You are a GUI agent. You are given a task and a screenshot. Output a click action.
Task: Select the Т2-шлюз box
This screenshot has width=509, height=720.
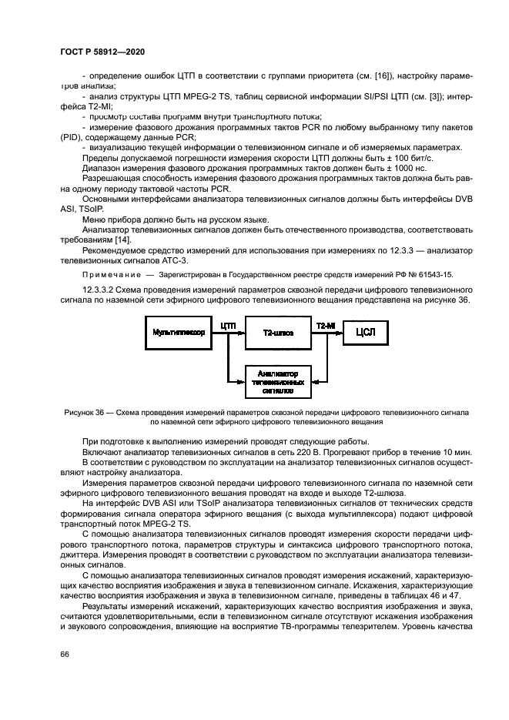(276, 332)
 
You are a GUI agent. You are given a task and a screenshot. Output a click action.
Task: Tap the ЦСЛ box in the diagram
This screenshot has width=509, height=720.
(368, 332)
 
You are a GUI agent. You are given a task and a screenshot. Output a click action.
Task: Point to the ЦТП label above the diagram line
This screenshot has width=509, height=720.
(229, 326)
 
